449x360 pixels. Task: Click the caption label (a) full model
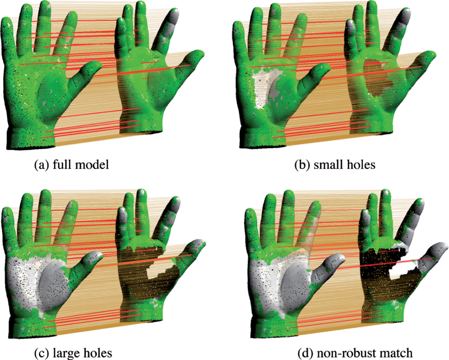[x=71, y=164]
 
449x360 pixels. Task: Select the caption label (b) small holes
[x=335, y=164]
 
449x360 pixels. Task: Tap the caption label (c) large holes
[x=73, y=353]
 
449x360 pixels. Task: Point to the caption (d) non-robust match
[x=355, y=353]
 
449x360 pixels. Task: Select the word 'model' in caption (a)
[x=94, y=164]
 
